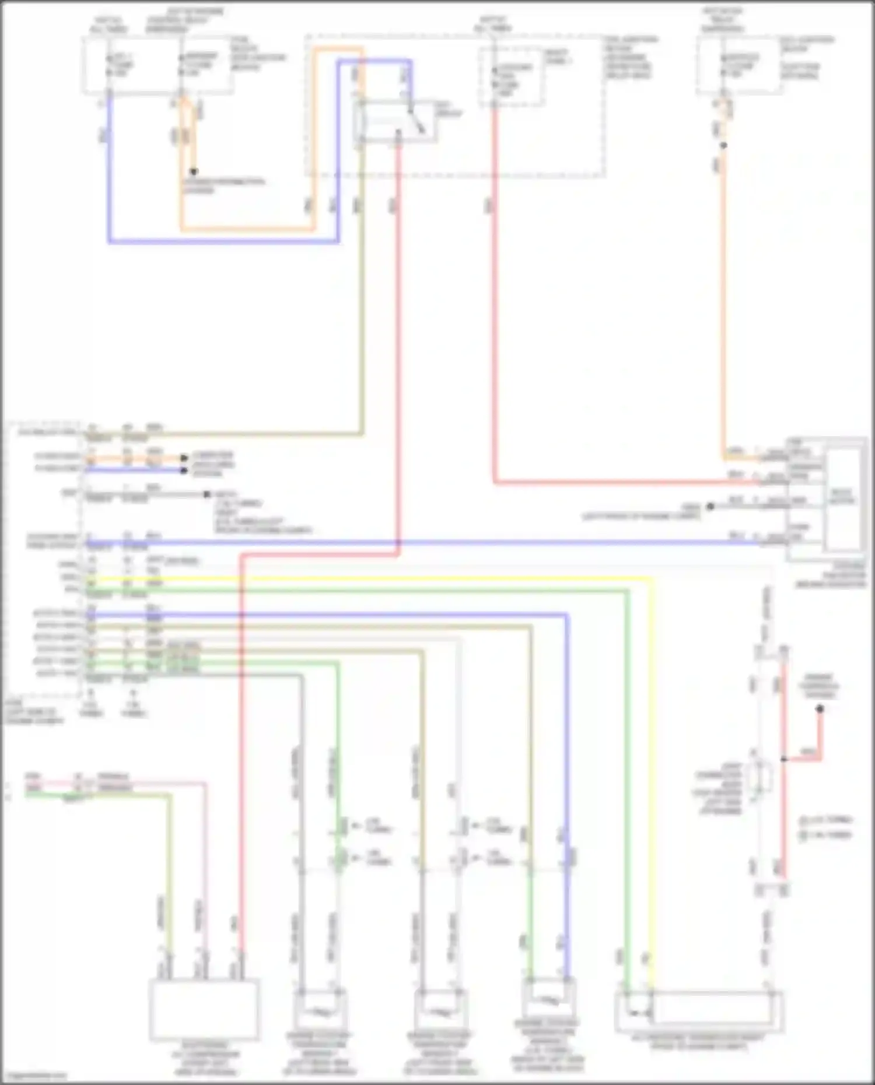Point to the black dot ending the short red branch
pyautogui.click(x=820, y=709)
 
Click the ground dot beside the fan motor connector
pyautogui.click(x=710, y=507)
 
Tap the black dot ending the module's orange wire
pyautogui.click(x=184, y=458)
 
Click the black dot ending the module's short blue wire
pyautogui.click(x=184, y=470)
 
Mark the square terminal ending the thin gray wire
pyautogui.click(x=207, y=494)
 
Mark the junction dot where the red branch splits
pyautogui.click(x=784, y=759)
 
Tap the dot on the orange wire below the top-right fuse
pyautogui.click(x=723, y=145)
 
